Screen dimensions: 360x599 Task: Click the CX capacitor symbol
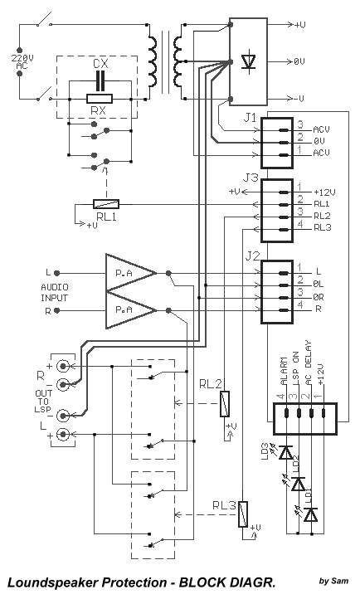pos(100,80)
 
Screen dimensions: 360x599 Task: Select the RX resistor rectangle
pos(100,99)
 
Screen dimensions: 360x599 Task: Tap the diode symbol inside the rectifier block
pos(249,61)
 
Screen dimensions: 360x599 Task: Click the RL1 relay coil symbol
pos(106,204)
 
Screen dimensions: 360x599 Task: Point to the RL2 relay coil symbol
pos(226,404)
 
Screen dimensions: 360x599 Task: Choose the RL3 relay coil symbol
pos(243,514)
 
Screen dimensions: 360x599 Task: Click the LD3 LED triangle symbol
pos(286,452)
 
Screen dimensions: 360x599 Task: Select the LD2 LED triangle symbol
pos(298,484)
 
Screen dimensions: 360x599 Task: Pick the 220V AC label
pos(22,62)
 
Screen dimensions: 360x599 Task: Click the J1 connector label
pos(250,118)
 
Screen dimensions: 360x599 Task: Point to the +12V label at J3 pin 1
pos(324,192)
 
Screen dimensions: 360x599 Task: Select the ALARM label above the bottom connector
pos(284,372)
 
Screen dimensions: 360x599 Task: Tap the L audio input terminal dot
pos(57,273)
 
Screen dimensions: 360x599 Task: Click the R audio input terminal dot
pos(57,310)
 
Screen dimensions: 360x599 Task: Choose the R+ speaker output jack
pos(62,367)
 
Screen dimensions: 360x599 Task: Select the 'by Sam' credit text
pos(333,581)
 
